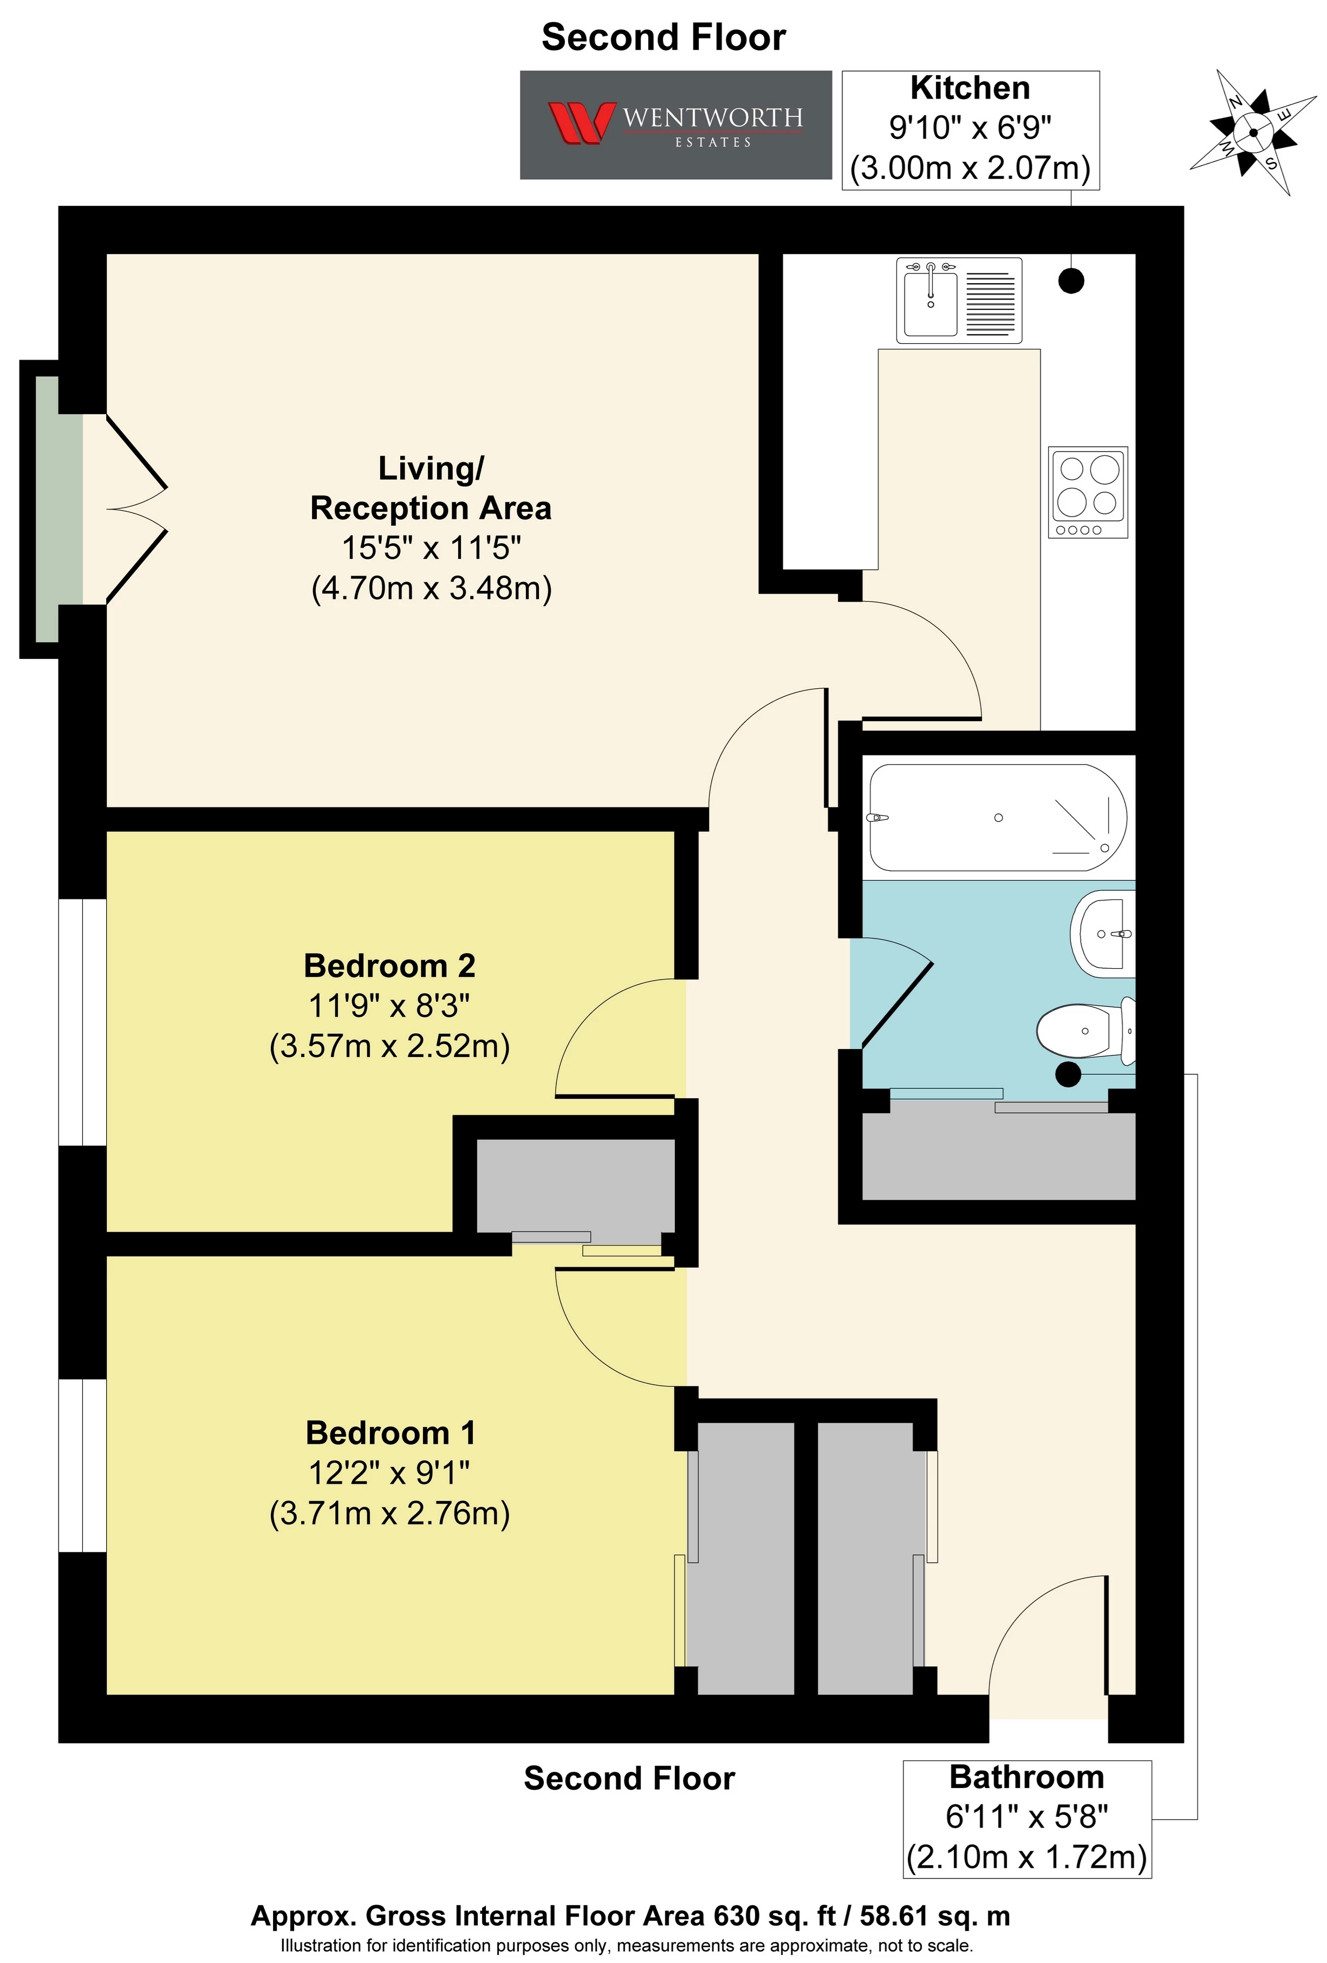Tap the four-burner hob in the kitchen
pos(1088,492)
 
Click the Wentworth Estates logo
pos(675,125)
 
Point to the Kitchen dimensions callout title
pos(970,88)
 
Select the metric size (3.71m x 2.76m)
pos(389,1512)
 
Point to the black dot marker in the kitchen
pos(1071,281)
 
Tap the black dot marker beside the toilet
pos(1069,1074)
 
